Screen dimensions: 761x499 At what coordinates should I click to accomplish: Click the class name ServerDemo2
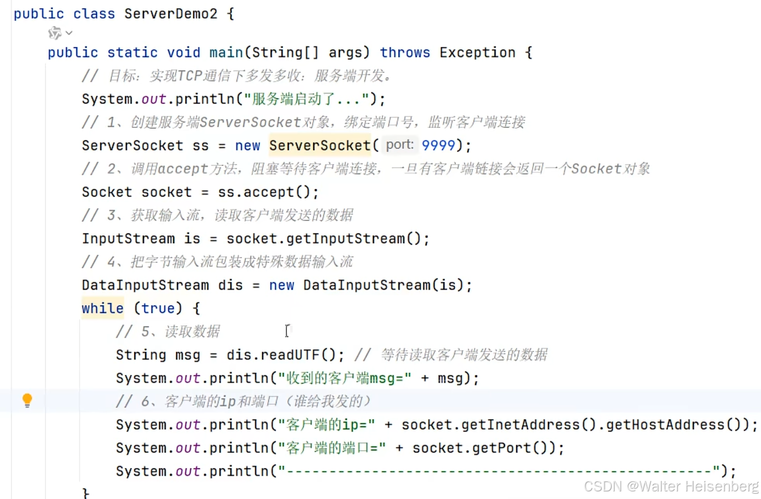tap(171, 13)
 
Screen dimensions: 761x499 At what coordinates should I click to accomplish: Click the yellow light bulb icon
tap(27, 400)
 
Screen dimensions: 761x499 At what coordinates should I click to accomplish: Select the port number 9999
tap(439, 145)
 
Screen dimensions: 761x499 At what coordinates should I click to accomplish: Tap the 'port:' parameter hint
tap(400, 145)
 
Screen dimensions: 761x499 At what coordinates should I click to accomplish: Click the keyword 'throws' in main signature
tap(405, 52)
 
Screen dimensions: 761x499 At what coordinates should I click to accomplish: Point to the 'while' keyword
tap(102, 308)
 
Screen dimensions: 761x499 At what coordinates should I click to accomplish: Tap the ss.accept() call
tap(268, 192)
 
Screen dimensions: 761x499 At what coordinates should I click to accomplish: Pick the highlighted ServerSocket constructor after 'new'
tap(320, 145)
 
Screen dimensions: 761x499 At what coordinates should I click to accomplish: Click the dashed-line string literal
tap(500, 471)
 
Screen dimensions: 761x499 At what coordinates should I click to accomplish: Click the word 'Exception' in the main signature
tap(477, 52)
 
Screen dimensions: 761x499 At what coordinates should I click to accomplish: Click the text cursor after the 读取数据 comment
tap(287, 331)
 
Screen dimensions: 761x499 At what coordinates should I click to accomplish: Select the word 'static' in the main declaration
tap(132, 52)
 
